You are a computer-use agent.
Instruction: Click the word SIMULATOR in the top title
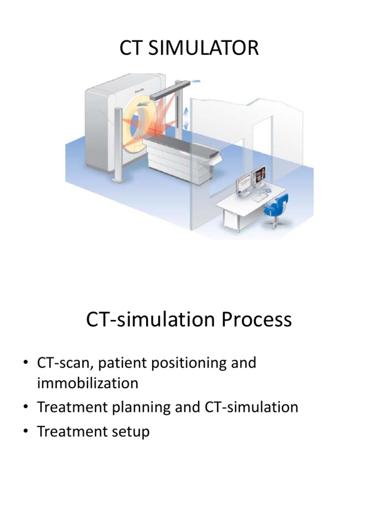(x=206, y=49)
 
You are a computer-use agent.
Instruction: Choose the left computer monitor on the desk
(x=245, y=184)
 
